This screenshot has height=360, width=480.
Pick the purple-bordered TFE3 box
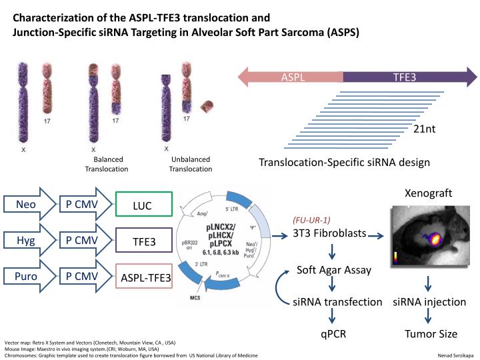143,241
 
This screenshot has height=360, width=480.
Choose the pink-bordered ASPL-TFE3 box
143,276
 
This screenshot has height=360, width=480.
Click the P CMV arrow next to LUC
83,205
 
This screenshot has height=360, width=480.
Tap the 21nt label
425,129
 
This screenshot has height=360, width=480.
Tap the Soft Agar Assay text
329,271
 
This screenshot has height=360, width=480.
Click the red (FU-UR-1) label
311,219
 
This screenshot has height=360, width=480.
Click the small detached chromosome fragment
209,106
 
